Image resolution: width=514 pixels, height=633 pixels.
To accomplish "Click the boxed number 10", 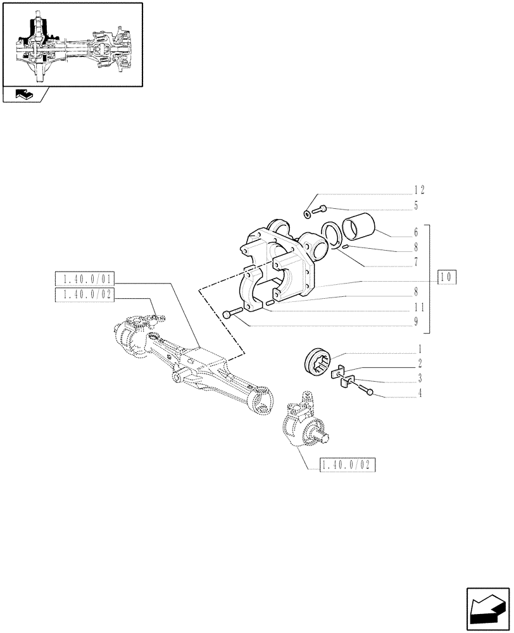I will (446, 277).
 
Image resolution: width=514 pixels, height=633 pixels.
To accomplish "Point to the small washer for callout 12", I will (308, 214).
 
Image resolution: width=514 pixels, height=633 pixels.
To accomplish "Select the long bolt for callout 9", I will (234, 313).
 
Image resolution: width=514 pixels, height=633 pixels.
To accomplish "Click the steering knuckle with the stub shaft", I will (303, 422).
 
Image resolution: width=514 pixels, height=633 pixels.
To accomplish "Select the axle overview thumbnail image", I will (72, 44).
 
